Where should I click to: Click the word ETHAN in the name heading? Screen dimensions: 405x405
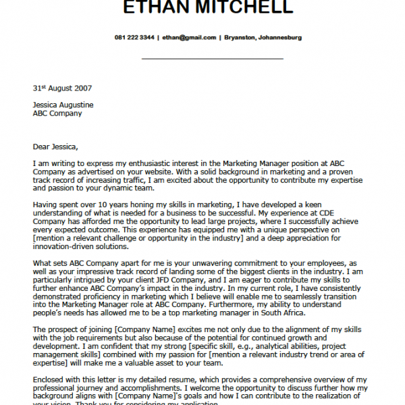(157, 8)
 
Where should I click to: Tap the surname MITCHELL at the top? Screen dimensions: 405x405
(242, 8)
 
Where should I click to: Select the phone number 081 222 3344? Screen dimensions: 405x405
(134, 37)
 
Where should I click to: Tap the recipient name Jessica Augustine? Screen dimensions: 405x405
(63, 105)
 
